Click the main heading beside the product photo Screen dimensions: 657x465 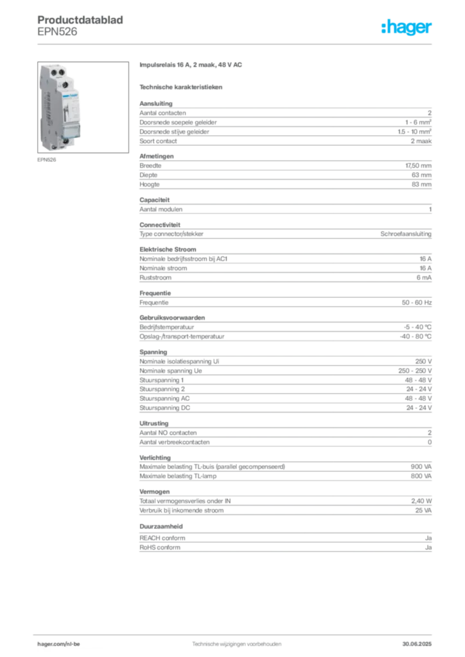(x=192, y=66)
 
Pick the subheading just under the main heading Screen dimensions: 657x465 (x=182, y=86)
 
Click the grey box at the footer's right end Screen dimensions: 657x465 (x=421, y=642)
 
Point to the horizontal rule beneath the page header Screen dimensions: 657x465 (x=236, y=44)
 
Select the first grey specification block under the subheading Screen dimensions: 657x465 (x=285, y=124)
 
